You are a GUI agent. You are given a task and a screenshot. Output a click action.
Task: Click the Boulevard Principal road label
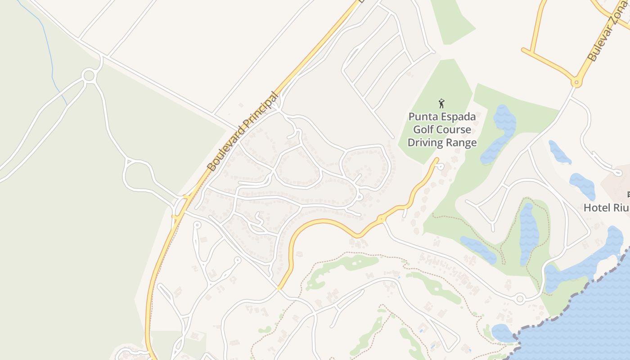click(243, 131)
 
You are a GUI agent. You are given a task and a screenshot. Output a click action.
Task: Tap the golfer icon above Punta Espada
click(441, 103)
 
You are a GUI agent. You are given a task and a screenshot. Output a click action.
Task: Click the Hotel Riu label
click(606, 207)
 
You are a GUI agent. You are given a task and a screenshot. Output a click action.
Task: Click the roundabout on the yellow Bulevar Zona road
click(576, 83)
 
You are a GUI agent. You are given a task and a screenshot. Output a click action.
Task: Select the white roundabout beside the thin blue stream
click(89, 75)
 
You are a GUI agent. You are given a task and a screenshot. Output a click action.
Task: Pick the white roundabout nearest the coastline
click(520, 298)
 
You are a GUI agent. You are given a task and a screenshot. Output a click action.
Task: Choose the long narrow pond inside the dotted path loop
click(529, 234)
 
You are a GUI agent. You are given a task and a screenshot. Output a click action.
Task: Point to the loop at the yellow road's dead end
click(441, 167)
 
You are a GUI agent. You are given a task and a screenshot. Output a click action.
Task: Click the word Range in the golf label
click(461, 143)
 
